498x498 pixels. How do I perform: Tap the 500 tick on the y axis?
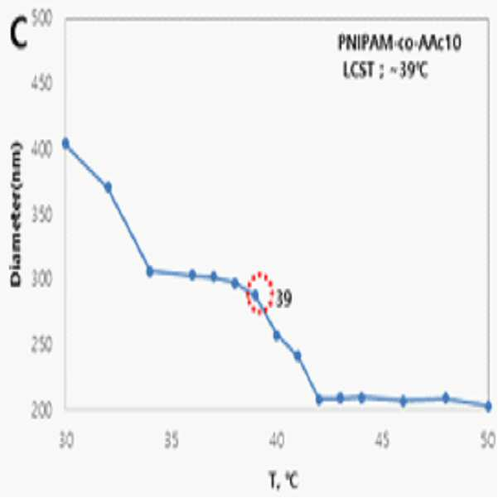click(x=41, y=19)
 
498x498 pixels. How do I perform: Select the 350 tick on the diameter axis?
click(x=41, y=215)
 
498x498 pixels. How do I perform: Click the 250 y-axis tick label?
click(x=41, y=346)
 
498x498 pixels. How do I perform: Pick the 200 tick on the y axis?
click(x=41, y=411)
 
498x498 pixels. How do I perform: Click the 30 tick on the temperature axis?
click(x=66, y=441)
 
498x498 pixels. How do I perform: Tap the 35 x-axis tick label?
click(x=172, y=441)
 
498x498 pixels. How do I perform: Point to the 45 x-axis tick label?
click(x=382, y=441)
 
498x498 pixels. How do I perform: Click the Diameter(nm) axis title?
click(x=16, y=215)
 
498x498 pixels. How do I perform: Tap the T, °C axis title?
click(x=284, y=481)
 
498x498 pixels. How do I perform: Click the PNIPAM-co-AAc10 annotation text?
click(x=399, y=42)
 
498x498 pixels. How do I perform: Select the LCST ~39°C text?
click(x=385, y=70)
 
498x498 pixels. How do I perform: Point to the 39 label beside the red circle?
click(x=283, y=299)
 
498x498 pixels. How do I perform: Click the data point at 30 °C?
click(x=65, y=143)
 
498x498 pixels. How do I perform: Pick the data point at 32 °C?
click(x=108, y=187)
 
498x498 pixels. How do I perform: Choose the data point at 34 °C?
click(x=150, y=272)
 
